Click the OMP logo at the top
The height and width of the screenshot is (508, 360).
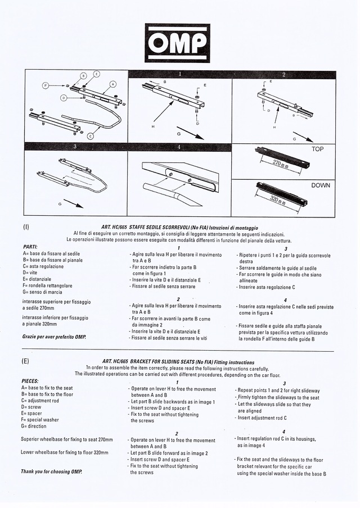pos(177,43)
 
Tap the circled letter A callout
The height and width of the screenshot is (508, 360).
pos(112,84)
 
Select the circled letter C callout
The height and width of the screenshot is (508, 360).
pos(91,135)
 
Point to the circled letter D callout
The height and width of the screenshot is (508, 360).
pos(65,98)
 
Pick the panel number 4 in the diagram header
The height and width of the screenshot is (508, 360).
pos(178,147)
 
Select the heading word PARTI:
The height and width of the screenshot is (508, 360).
pos(30,247)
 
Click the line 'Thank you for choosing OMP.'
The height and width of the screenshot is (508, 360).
pos(51,471)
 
